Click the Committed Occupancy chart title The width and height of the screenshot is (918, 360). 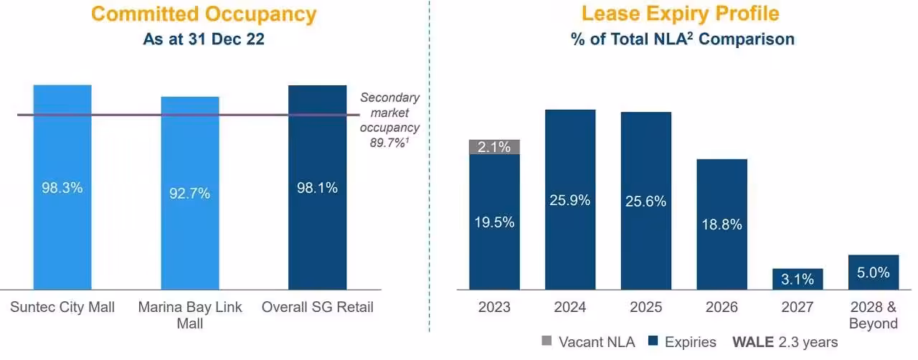pyautogui.click(x=204, y=14)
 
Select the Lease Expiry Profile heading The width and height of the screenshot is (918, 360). pyautogui.click(x=680, y=14)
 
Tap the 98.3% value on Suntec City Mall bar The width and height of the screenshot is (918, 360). pyautogui.click(x=62, y=188)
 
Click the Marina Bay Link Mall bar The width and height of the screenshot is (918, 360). pyautogui.click(x=190, y=215)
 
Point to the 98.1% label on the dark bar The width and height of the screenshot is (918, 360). pyautogui.click(x=317, y=188)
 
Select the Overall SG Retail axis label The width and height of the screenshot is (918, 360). pyautogui.click(x=317, y=308)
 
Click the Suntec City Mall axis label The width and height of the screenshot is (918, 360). pyautogui.click(x=62, y=308)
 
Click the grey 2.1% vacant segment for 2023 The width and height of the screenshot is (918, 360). pyautogui.click(x=495, y=147)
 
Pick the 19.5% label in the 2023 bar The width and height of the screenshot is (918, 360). pyautogui.click(x=495, y=222)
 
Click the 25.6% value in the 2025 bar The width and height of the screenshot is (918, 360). pyautogui.click(x=646, y=202)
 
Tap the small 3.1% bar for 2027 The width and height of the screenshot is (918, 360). pyautogui.click(x=798, y=279)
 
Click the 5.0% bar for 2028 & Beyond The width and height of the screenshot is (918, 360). pyautogui.click(x=873, y=273)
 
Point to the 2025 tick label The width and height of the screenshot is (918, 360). pyautogui.click(x=646, y=308)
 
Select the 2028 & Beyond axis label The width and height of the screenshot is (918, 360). pyautogui.click(x=873, y=316)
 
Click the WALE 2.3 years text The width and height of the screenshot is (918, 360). pyautogui.click(x=785, y=342)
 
